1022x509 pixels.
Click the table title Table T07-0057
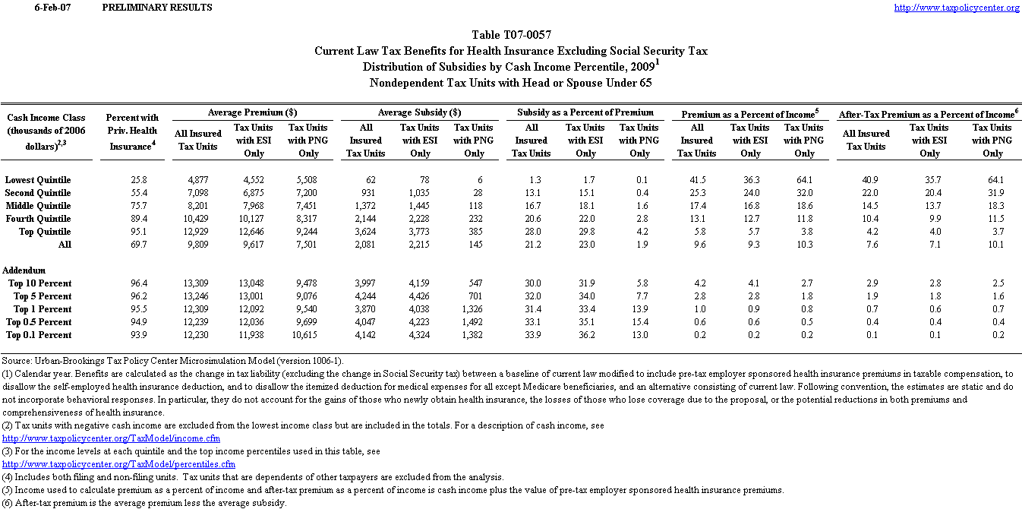pos(511,35)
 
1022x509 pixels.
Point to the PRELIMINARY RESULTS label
pos(156,8)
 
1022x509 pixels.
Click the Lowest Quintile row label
pos(38,180)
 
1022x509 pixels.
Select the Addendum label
pos(24,270)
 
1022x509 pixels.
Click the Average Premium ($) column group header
pos(252,112)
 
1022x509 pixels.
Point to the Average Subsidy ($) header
pos(420,112)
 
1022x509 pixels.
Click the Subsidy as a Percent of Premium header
pos(585,112)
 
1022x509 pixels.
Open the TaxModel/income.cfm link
pos(111,438)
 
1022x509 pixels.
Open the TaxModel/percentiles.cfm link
pos(118,464)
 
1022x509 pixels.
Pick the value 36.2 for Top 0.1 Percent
pos(585,335)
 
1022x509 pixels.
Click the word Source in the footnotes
pos(16,361)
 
